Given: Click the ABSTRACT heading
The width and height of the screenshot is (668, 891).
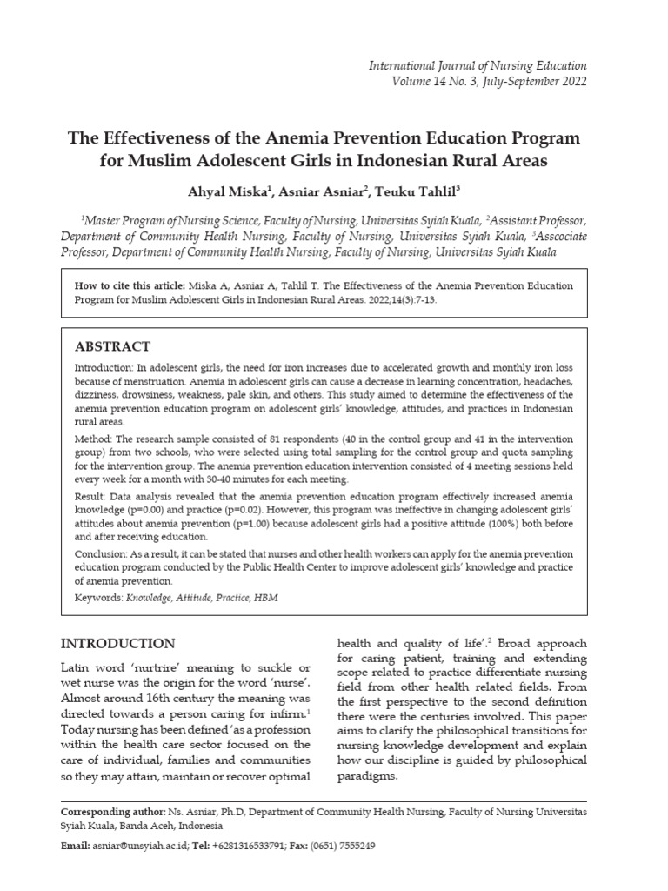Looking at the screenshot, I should [112, 345].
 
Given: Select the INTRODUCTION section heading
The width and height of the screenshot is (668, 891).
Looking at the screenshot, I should [117, 644].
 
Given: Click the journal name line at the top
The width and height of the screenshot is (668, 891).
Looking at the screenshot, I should [478, 65].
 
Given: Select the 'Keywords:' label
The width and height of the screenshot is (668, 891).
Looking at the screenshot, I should [98, 599].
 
